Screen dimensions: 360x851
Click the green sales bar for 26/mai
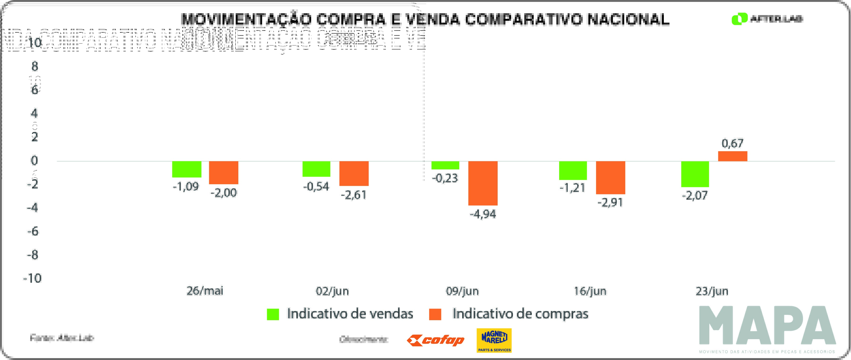click(x=187, y=169)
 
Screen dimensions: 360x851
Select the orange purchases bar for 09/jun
click(x=483, y=183)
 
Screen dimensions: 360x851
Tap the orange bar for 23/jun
click(x=732, y=156)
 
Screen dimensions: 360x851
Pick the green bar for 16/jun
click(x=573, y=170)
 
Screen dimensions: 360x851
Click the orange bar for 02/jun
click(x=354, y=173)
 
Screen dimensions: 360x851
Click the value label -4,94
click(x=483, y=214)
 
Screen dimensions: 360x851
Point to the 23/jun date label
click(x=712, y=291)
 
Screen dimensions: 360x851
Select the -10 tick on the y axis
click(x=32, y=278)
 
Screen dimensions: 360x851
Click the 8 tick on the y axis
click(x=35, y=66)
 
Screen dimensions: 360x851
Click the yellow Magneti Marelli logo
click(x=494, y=340)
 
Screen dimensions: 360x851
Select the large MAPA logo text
click(x=767, y=325)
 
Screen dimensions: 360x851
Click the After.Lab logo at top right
click(x=767, y=19)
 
